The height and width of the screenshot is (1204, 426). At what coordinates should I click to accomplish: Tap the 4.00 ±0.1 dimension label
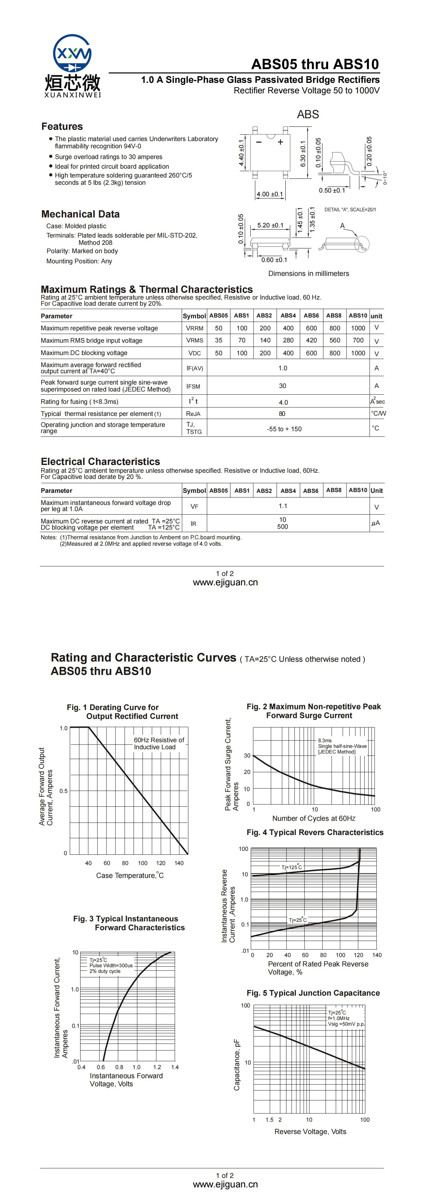click(269, 194)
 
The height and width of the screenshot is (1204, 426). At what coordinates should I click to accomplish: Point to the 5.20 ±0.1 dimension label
click(270, 225)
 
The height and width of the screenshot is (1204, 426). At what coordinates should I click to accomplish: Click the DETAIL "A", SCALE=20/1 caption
click(350, 209)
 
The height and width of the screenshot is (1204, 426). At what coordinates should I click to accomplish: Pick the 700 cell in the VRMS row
click(358, 340)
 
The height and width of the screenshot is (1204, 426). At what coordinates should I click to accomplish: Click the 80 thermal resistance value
click(282, 414)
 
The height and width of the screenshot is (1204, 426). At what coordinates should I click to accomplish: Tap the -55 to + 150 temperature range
click(284, 429)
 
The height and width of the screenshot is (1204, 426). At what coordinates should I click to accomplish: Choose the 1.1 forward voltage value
click(283, 506)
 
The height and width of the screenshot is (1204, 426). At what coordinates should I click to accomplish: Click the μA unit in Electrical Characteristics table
click(376, 523)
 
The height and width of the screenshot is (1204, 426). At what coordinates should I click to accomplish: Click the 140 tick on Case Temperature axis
click(179, 863)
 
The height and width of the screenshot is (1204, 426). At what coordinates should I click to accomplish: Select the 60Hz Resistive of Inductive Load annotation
click(159, 743)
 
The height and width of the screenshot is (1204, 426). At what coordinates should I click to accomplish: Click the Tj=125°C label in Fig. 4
click(291, 867)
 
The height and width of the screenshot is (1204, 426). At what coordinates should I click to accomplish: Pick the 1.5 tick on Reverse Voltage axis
click(269, 1120)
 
